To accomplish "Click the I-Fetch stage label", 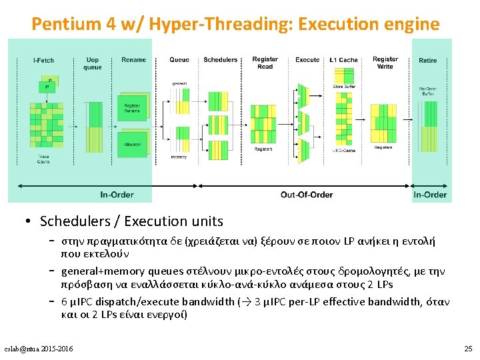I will point(43,60).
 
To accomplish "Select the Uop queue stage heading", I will point(93,63).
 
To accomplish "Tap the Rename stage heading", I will point(134,60).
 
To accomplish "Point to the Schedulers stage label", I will point(221,60).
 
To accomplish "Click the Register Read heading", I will point(265,63).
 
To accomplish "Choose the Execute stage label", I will point(307,60).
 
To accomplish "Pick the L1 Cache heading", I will point(344,60).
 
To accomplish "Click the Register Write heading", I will point(385,63).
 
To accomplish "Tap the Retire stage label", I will point(428,60).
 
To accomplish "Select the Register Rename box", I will point(132,108).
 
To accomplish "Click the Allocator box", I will point(132,144).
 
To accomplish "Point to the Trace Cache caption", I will point(43,159).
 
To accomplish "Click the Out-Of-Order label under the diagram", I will point(307,195).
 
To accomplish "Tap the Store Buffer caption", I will point(344,87).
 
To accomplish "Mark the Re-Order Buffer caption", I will point(428,91).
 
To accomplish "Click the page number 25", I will point(467,349).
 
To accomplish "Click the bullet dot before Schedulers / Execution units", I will point(29,221).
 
